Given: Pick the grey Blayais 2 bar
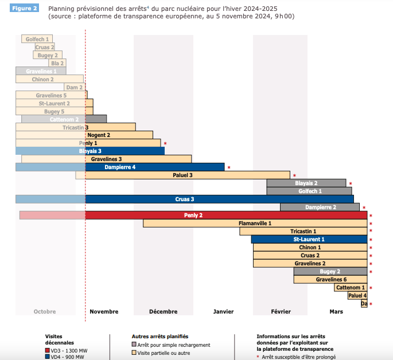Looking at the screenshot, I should [306, 183].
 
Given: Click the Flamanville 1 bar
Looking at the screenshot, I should [255, 223].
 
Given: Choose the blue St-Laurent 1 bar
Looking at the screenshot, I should [309, 239].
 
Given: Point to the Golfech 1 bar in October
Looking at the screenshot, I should [37, 39].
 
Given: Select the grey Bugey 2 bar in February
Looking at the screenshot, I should [330, 271].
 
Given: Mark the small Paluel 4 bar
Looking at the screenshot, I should [357, 296].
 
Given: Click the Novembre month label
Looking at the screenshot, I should [104, 312].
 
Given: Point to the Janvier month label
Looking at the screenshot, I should [223, 312].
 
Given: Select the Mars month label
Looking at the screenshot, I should [336, 312].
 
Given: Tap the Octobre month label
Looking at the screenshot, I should [45, 312].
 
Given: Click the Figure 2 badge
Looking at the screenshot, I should [25, 9].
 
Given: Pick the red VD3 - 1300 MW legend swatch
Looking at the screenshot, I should [48, 350].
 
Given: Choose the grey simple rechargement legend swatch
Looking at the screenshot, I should [134, 345].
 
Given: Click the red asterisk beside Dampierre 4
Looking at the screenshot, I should [228, 168].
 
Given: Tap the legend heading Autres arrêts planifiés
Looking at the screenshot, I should [160, 336].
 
